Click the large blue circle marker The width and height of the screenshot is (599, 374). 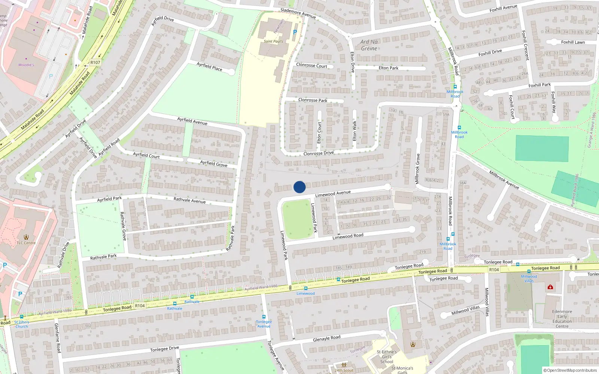click(x=299, y=187)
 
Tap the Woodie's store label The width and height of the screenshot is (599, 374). click(x=26, y=65)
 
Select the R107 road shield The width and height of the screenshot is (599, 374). click(x=95, y=62)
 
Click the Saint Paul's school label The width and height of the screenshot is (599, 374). click(x=273, y=41)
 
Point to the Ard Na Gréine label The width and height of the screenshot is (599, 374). click(x=369, y=45)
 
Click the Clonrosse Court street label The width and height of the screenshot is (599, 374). click(x=311, y=65)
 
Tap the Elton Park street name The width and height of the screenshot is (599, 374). click(x=388, y=68)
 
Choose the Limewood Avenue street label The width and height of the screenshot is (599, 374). click(x=333, y=193)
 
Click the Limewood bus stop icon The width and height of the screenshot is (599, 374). click(x=306, y=288)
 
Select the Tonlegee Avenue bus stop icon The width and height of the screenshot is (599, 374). click(x=264, y=317)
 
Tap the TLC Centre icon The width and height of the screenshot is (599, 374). click(x=26, y=237)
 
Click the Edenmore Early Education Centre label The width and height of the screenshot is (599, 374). click(x=562, y=319)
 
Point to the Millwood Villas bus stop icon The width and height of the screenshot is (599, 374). click(x=529, y=272)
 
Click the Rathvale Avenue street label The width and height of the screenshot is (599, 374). click(x=189, y=200)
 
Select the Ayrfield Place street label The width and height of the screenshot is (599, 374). click(x=209, y=67)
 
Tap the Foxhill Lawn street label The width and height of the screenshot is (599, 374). click(x=573, y=42)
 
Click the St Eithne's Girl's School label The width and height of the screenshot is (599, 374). click(x=387, y=357)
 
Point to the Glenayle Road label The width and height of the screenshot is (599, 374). click(x=326, y=338)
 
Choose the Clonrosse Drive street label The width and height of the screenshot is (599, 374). click(x=319, y=153)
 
